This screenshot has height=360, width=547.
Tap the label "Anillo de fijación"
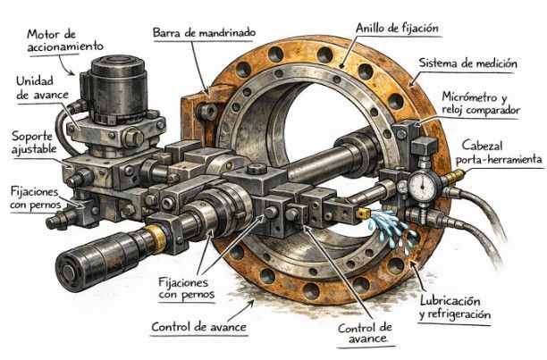tap(396, 29)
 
